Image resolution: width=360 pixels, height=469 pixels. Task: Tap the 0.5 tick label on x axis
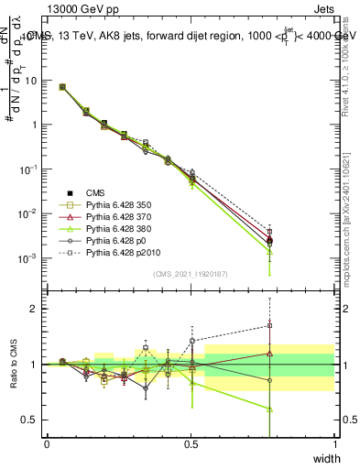pos(191,443)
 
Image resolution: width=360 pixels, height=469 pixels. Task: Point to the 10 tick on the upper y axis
pos(32,80)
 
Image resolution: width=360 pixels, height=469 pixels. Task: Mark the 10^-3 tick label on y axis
pos(30,258)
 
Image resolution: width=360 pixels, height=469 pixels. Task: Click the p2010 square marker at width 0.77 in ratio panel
pos(269,325)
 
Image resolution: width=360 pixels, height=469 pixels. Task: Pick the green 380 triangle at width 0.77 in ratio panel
pos(269,409)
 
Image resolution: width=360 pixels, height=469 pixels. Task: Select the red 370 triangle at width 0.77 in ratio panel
pos(269,353)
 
